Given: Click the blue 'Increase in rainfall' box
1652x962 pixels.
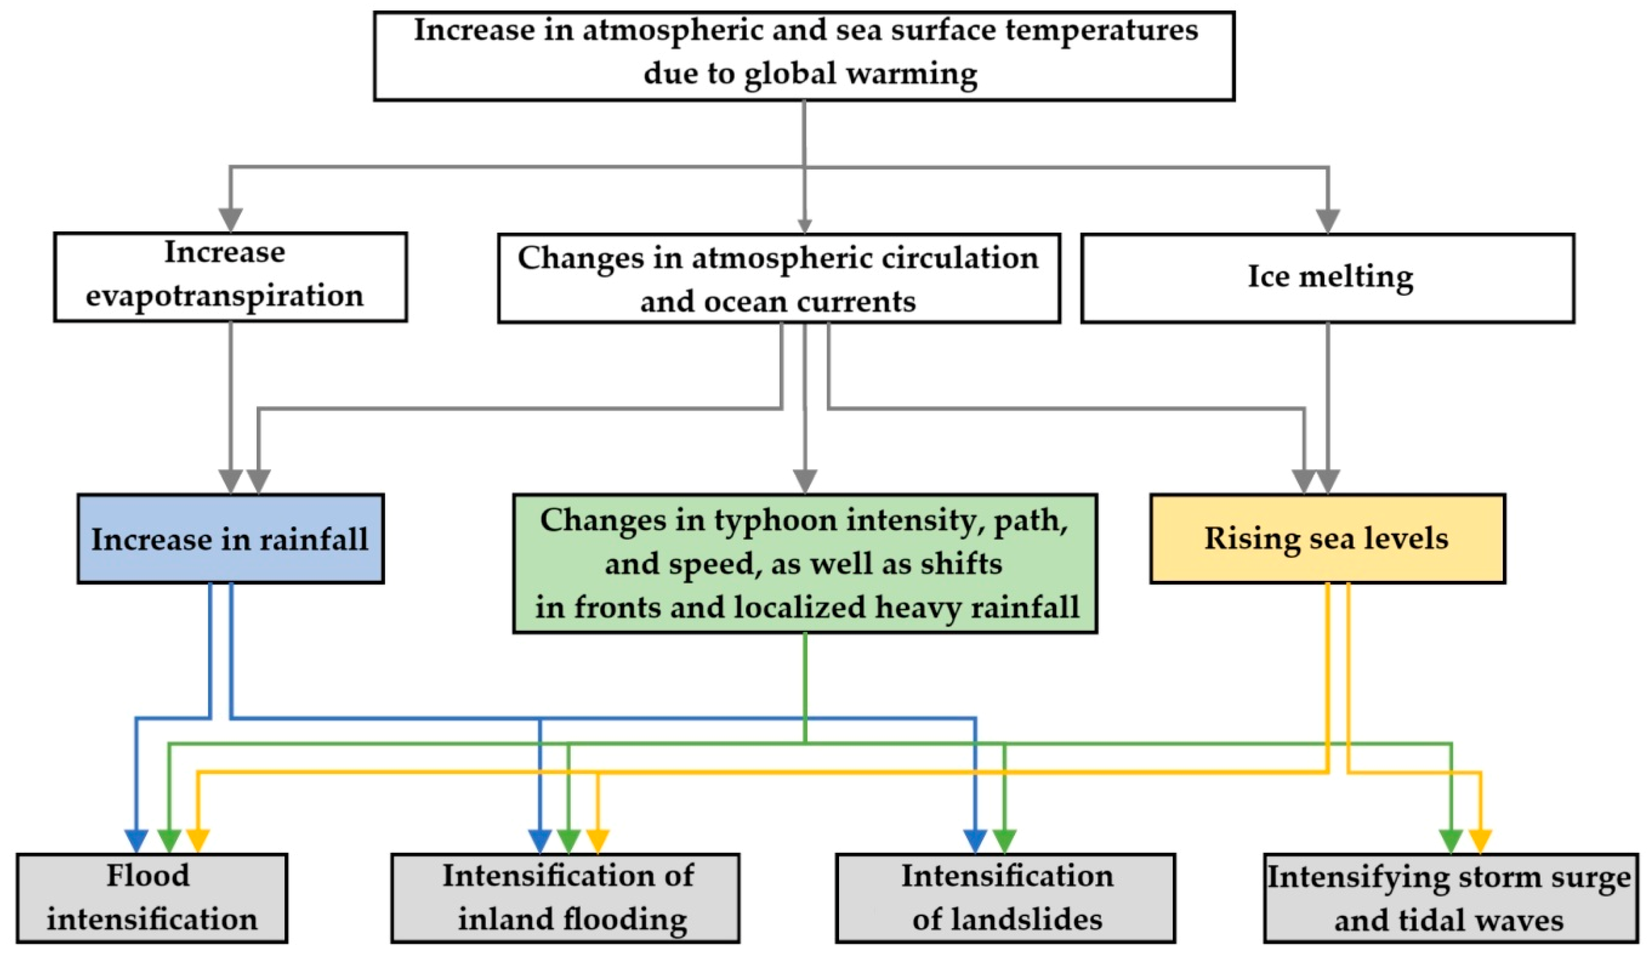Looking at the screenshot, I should (230, 539).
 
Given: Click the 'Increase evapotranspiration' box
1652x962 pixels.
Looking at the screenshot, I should (230, 277).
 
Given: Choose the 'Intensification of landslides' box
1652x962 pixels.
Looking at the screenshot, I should (1005, 898).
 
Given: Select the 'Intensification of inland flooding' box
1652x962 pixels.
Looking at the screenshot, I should (565, 898).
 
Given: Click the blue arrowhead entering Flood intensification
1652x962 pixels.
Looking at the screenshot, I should (136, 840).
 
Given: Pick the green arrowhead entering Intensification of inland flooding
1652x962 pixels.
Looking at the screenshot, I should (568, 840).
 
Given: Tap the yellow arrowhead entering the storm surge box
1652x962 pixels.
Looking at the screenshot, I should (1480, 840).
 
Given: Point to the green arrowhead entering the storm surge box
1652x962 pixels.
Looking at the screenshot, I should (1451, 840).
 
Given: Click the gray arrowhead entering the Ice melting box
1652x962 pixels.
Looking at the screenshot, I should (1328, 221).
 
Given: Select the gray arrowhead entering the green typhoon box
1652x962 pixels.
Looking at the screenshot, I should (805, 481).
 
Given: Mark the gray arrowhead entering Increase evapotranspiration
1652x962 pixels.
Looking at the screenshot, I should (230, 219).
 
